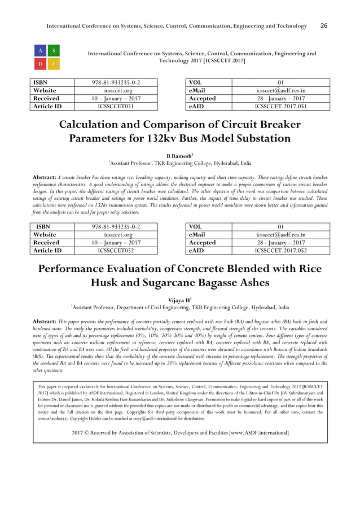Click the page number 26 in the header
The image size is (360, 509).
[324, 26]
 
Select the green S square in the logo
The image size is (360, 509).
[54, 50]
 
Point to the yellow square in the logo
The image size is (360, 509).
[54, 64]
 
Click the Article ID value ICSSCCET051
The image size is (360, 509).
[116, 106]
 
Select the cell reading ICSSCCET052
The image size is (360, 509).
[116, 251]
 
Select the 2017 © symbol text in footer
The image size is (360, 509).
[80, 433]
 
